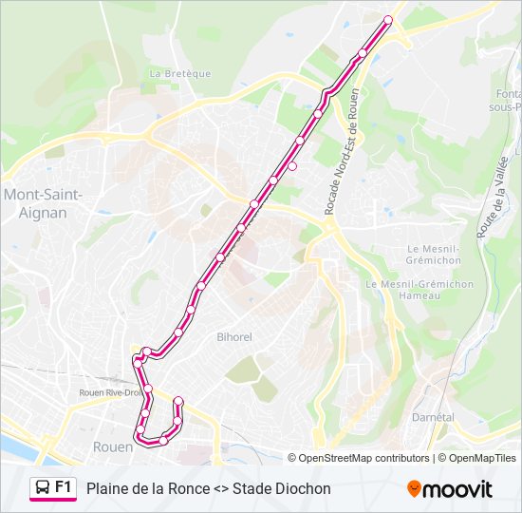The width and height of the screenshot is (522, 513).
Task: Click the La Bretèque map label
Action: (179, 73)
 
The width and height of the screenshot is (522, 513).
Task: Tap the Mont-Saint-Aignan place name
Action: (44, 203)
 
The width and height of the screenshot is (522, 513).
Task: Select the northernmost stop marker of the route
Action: (387, 20)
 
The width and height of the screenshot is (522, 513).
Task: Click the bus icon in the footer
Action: (42, 488)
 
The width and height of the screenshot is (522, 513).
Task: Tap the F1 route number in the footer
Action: (64, 487)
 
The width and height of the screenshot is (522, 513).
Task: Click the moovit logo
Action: (450, 489)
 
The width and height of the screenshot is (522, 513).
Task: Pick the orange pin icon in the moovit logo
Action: (414, 489)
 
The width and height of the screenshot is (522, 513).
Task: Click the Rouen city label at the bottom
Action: (112, 446)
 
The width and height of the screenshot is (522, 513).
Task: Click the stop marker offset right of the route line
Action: (292, 166)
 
